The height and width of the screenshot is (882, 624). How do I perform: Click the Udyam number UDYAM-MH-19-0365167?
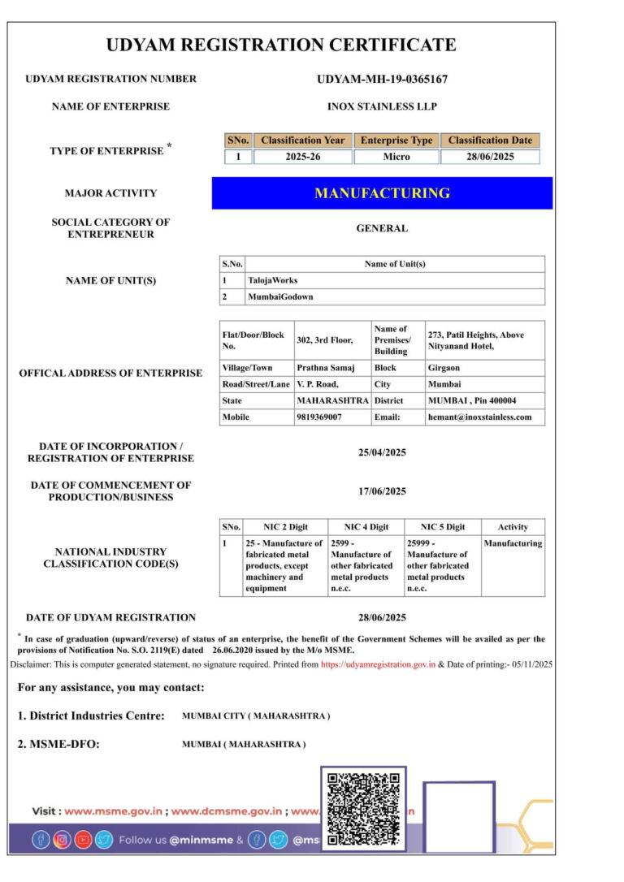pyautogui.click(x=382, y=80)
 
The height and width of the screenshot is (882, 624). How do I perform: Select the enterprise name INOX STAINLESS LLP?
pyautogui.click(x=382, y=106)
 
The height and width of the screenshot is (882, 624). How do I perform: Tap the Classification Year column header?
pyautogui.click(x=302, y=141)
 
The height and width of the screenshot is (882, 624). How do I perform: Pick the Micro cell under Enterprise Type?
pyautogui.click(x=396, y=157)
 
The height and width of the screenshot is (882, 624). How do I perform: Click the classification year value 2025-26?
pyautogui.click(x=302, y=157)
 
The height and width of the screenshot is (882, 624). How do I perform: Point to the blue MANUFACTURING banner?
pyautogui.click(x=382, y=193)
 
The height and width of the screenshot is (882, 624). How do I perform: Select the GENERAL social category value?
pyautogui.click(x=382, y=228)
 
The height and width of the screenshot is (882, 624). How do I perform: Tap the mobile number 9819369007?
pyautogui.click(x=319, y=417)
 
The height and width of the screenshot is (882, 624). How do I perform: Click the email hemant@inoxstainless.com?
pyautogui.click(x=479, y=417)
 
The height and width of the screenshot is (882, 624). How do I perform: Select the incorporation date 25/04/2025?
pyautogui.click(x=382, y=452)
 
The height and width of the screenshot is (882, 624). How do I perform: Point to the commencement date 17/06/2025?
pyautogui.click(x=382, y=491)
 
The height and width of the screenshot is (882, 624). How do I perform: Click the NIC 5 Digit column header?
pyautogui.click(x=443, y=527)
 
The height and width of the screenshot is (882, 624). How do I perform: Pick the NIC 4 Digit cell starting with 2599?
pyautogui.click(x=365, y=565)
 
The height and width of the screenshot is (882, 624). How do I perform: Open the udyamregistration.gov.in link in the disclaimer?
pyautogui.click(x=378, y=664)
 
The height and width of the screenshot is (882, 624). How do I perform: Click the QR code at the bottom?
pyautogui.click(x=363, y=809)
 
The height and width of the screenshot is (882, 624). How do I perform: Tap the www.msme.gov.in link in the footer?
pyautogui.click(x=114, y=811)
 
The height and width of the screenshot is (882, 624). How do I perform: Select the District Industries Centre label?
pyautogui.click(x=91, y=716)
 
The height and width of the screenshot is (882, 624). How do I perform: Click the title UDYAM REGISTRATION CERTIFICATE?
pyautogui.click(x=281, y=45)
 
